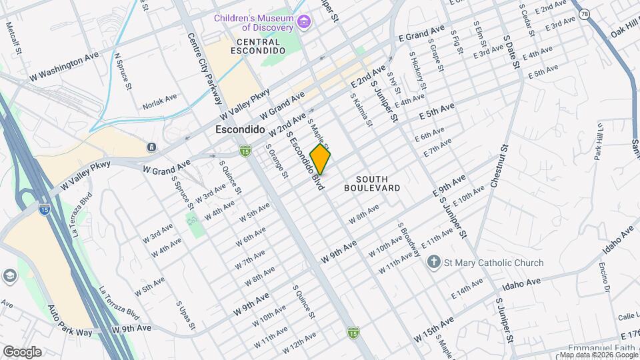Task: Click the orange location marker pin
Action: pyautogui.click(x=321, y=160)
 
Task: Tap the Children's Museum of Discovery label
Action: pyautogui.click(x=253, y=23)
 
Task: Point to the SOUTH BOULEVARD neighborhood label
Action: pyautogui.click(x=372, y=183)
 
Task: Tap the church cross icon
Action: pyautogui.click(x=434, y=263)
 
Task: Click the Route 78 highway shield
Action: pyautogui.click(x=584, y=13)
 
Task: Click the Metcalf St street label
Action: pyautogui.click(x=11, y=37)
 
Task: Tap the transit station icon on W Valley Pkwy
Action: pyautogui.click(x=152, y=147)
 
